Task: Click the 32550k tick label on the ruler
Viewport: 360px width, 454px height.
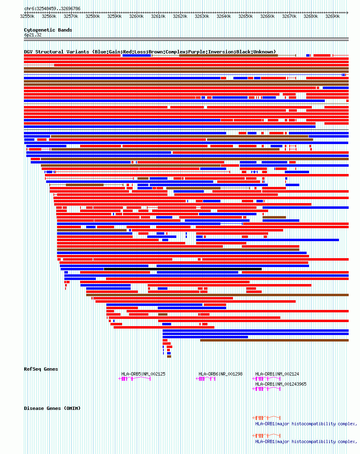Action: click(28, 17)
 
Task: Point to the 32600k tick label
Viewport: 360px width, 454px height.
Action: click(137, 17)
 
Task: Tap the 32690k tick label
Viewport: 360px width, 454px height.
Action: click(333, 17)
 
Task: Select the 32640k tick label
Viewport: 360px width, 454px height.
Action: click(224, 17)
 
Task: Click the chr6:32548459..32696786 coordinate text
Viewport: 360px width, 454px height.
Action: click(52, 8)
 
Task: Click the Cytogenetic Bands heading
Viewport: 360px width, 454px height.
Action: click(48, 30)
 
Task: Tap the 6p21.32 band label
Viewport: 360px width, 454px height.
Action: click(33, 35)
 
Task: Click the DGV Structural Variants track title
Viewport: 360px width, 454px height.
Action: click(150, 52)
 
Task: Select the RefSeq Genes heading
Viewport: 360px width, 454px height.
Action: click(41, 369)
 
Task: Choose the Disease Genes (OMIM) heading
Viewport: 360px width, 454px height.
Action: click(52, 408)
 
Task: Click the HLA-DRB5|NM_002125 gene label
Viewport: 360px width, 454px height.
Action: click(143, 374)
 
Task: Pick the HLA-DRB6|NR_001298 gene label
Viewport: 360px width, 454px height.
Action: click(220, 374)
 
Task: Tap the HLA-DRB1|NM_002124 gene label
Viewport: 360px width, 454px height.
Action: click(277, 374)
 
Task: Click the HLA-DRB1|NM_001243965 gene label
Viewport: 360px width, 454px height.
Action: click(281, 384)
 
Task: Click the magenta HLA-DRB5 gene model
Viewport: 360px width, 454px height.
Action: click(135, 379)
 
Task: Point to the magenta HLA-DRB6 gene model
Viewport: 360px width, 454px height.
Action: click(205, 379)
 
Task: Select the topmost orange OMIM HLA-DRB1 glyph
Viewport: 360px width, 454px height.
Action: click(267, 418)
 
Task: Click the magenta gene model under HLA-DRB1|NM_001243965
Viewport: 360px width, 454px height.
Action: click(267, 388)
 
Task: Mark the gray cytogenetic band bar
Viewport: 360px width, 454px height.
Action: click(186, 39)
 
